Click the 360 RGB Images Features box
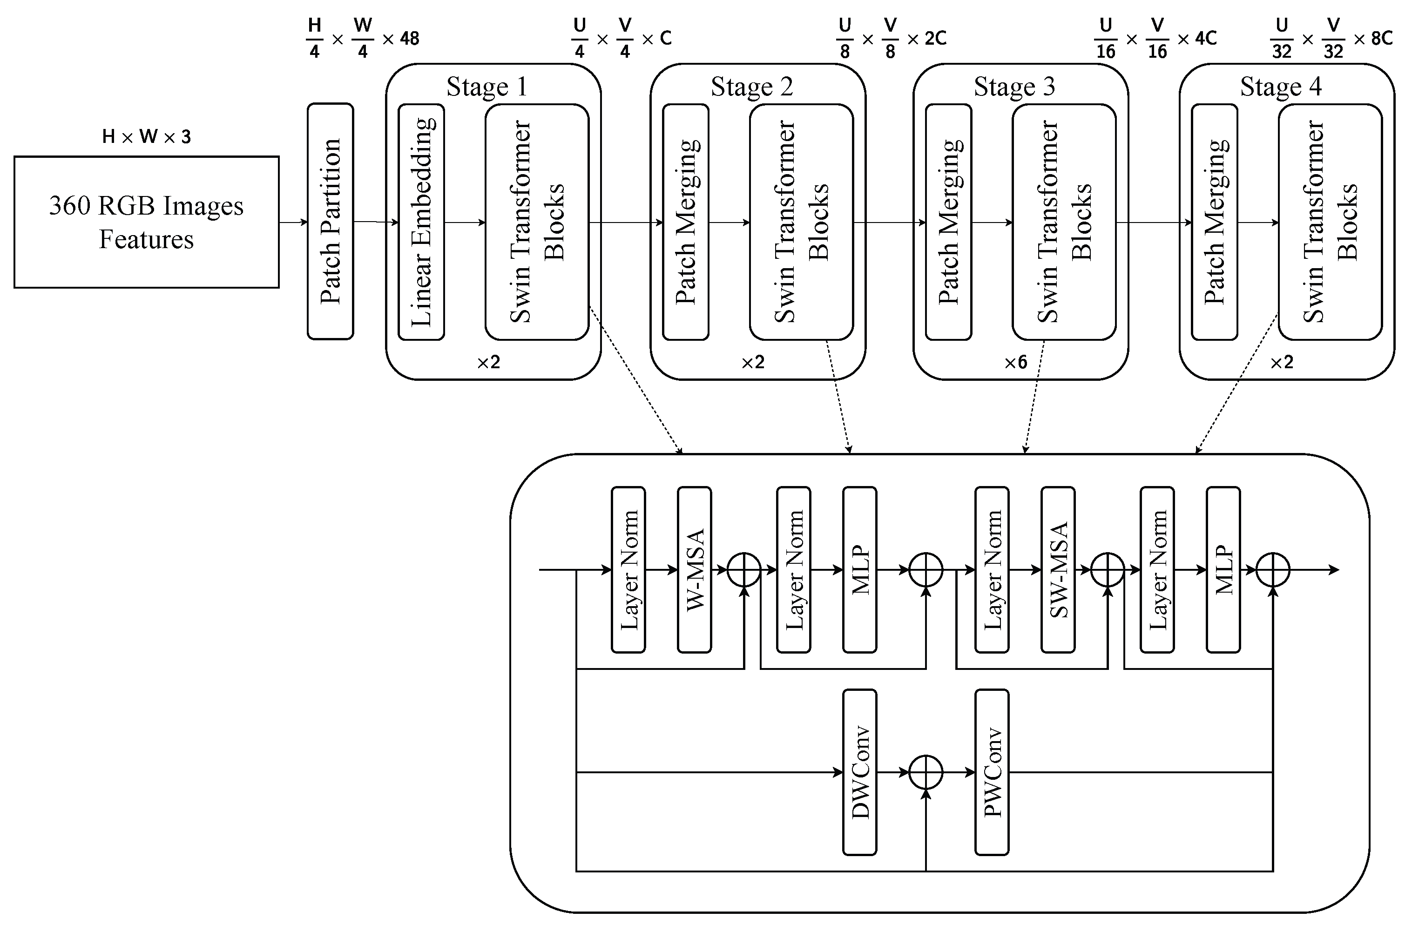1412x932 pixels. click(146, 223)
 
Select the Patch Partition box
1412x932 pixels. click(331, 222)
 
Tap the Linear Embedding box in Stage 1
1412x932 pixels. click(421, 222)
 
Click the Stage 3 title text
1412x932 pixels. click(1014, 87)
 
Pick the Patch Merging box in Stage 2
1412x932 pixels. click(686, 222)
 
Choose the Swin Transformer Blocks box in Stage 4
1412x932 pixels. click(1330, 222)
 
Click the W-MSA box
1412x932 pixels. click(695, 570)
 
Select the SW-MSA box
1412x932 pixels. click(1058, 570)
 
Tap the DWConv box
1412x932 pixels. click(860, 773)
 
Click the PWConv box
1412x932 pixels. click(992, 773)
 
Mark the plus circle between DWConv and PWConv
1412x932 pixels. click(926, 773)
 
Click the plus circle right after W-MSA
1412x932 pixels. click(744, 570)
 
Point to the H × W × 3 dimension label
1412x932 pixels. click(146, 137)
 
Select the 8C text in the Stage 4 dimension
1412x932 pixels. click(1382, 39)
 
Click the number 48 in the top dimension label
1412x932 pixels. click(410, 39)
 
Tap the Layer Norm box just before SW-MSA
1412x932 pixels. click(992, 570)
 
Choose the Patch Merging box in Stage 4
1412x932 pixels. click(1215, 222)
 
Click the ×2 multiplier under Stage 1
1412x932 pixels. click(488, 363)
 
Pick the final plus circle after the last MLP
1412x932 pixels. click(1273, 570)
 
